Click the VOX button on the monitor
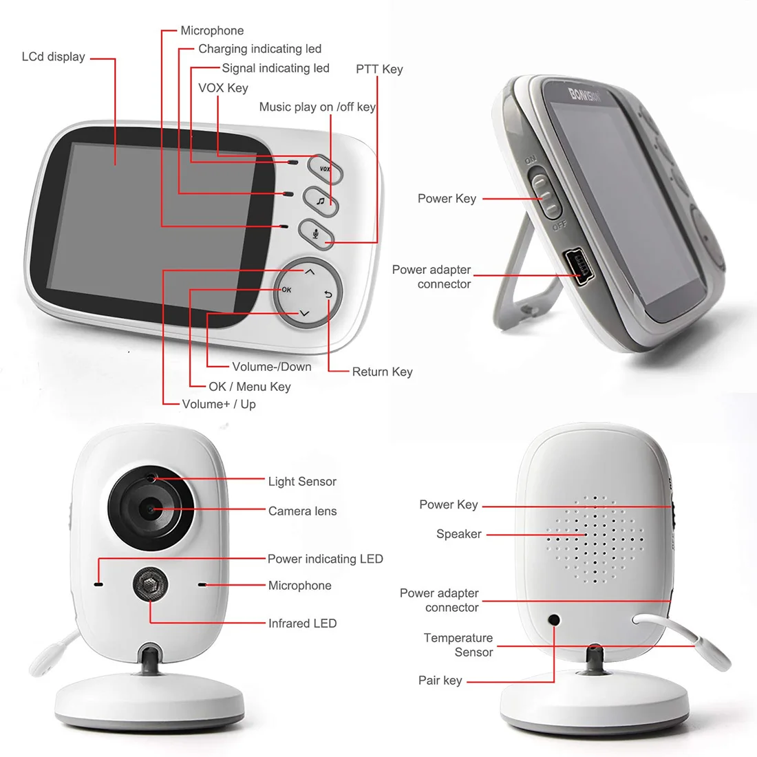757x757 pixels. tap(325, 168)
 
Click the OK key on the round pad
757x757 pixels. tap(286, 290)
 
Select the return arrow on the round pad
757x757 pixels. tap(328, 295)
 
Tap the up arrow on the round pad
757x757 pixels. tap(310, 272)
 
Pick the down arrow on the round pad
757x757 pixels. tap(304, 314)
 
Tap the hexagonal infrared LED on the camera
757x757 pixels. tap(151, 586)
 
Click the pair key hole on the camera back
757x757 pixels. tap(554, 620)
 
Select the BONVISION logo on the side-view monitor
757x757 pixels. tap(584, 94)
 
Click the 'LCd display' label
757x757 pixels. tap(53, 57)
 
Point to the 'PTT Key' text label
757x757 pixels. tap(379, 69)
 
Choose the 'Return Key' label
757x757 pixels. tap(382, 372)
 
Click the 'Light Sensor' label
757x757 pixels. tap(302, 482)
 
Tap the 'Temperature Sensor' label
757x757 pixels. tap(458, 645)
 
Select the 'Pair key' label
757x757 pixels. tap(440, 681)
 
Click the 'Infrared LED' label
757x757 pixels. tap(302, 623)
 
